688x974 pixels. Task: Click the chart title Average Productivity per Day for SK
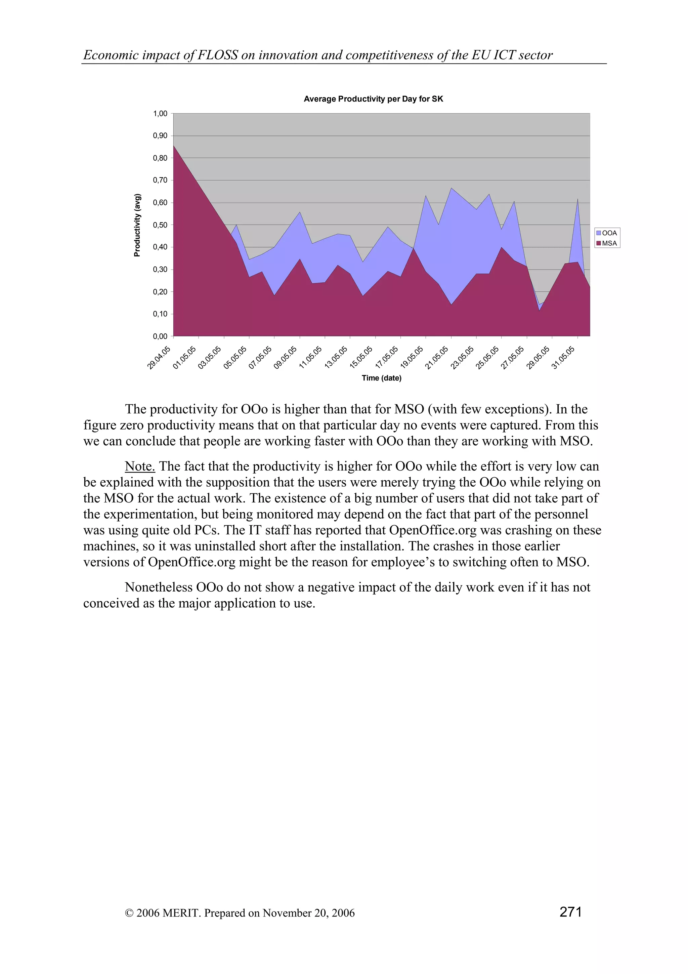pos(373,99)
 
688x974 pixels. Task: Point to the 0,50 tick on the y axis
pos(160,225)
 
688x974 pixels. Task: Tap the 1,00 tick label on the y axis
pos(160,113)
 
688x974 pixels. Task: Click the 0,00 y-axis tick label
pos(160,336)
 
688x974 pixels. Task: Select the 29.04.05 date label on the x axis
pos(159,357)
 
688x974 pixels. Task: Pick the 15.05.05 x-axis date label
pos(361,357)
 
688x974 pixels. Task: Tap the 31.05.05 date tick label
pos(563,357)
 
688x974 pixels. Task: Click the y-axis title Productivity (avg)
pos(137,225)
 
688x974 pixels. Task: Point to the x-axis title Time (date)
pos(381,378)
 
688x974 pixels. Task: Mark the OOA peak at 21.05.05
pos(451,188)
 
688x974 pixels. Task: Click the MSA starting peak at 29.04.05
pos(174,146)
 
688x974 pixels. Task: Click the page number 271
pos(570,911)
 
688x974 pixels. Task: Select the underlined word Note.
pos(140,466)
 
